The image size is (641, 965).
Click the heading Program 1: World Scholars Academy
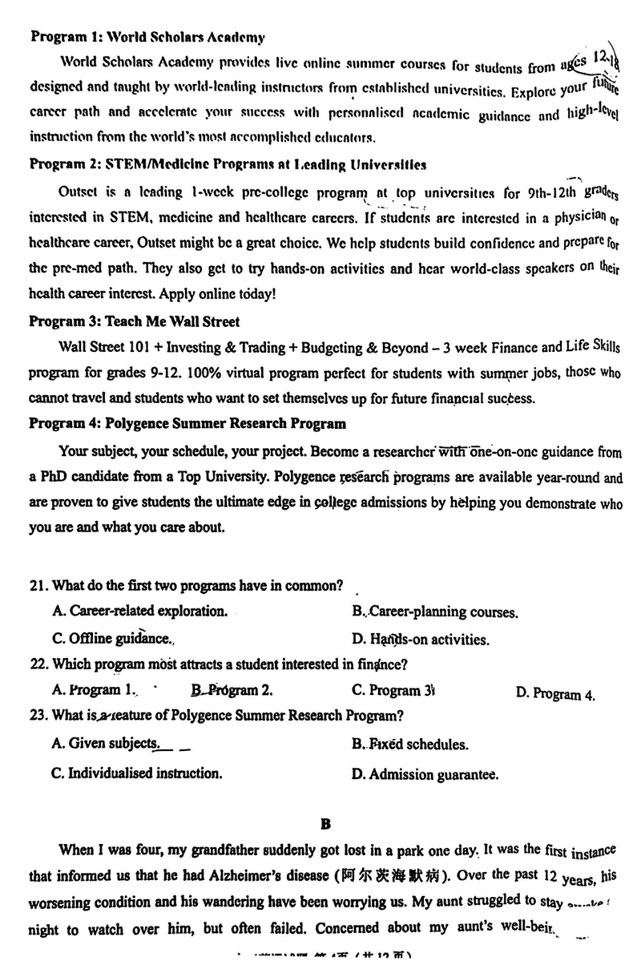(x=147, y=37)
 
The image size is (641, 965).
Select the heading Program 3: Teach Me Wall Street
(x=134, y=322)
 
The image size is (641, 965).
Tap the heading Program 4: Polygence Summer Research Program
(x=187, y=424)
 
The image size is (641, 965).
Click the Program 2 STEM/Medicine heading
(x=228, y=164)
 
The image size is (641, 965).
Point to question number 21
(x=39, y=585)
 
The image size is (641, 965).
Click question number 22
(x=39, y=664)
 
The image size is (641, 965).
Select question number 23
(x=39, y=715)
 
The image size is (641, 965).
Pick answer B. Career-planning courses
(x=435, y=613)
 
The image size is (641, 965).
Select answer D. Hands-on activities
(x=421, y=640)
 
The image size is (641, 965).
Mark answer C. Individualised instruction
(x=137, y=773)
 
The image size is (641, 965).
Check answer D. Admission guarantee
(x=425, y=774)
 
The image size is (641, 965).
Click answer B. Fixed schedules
(x=410, y=745)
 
